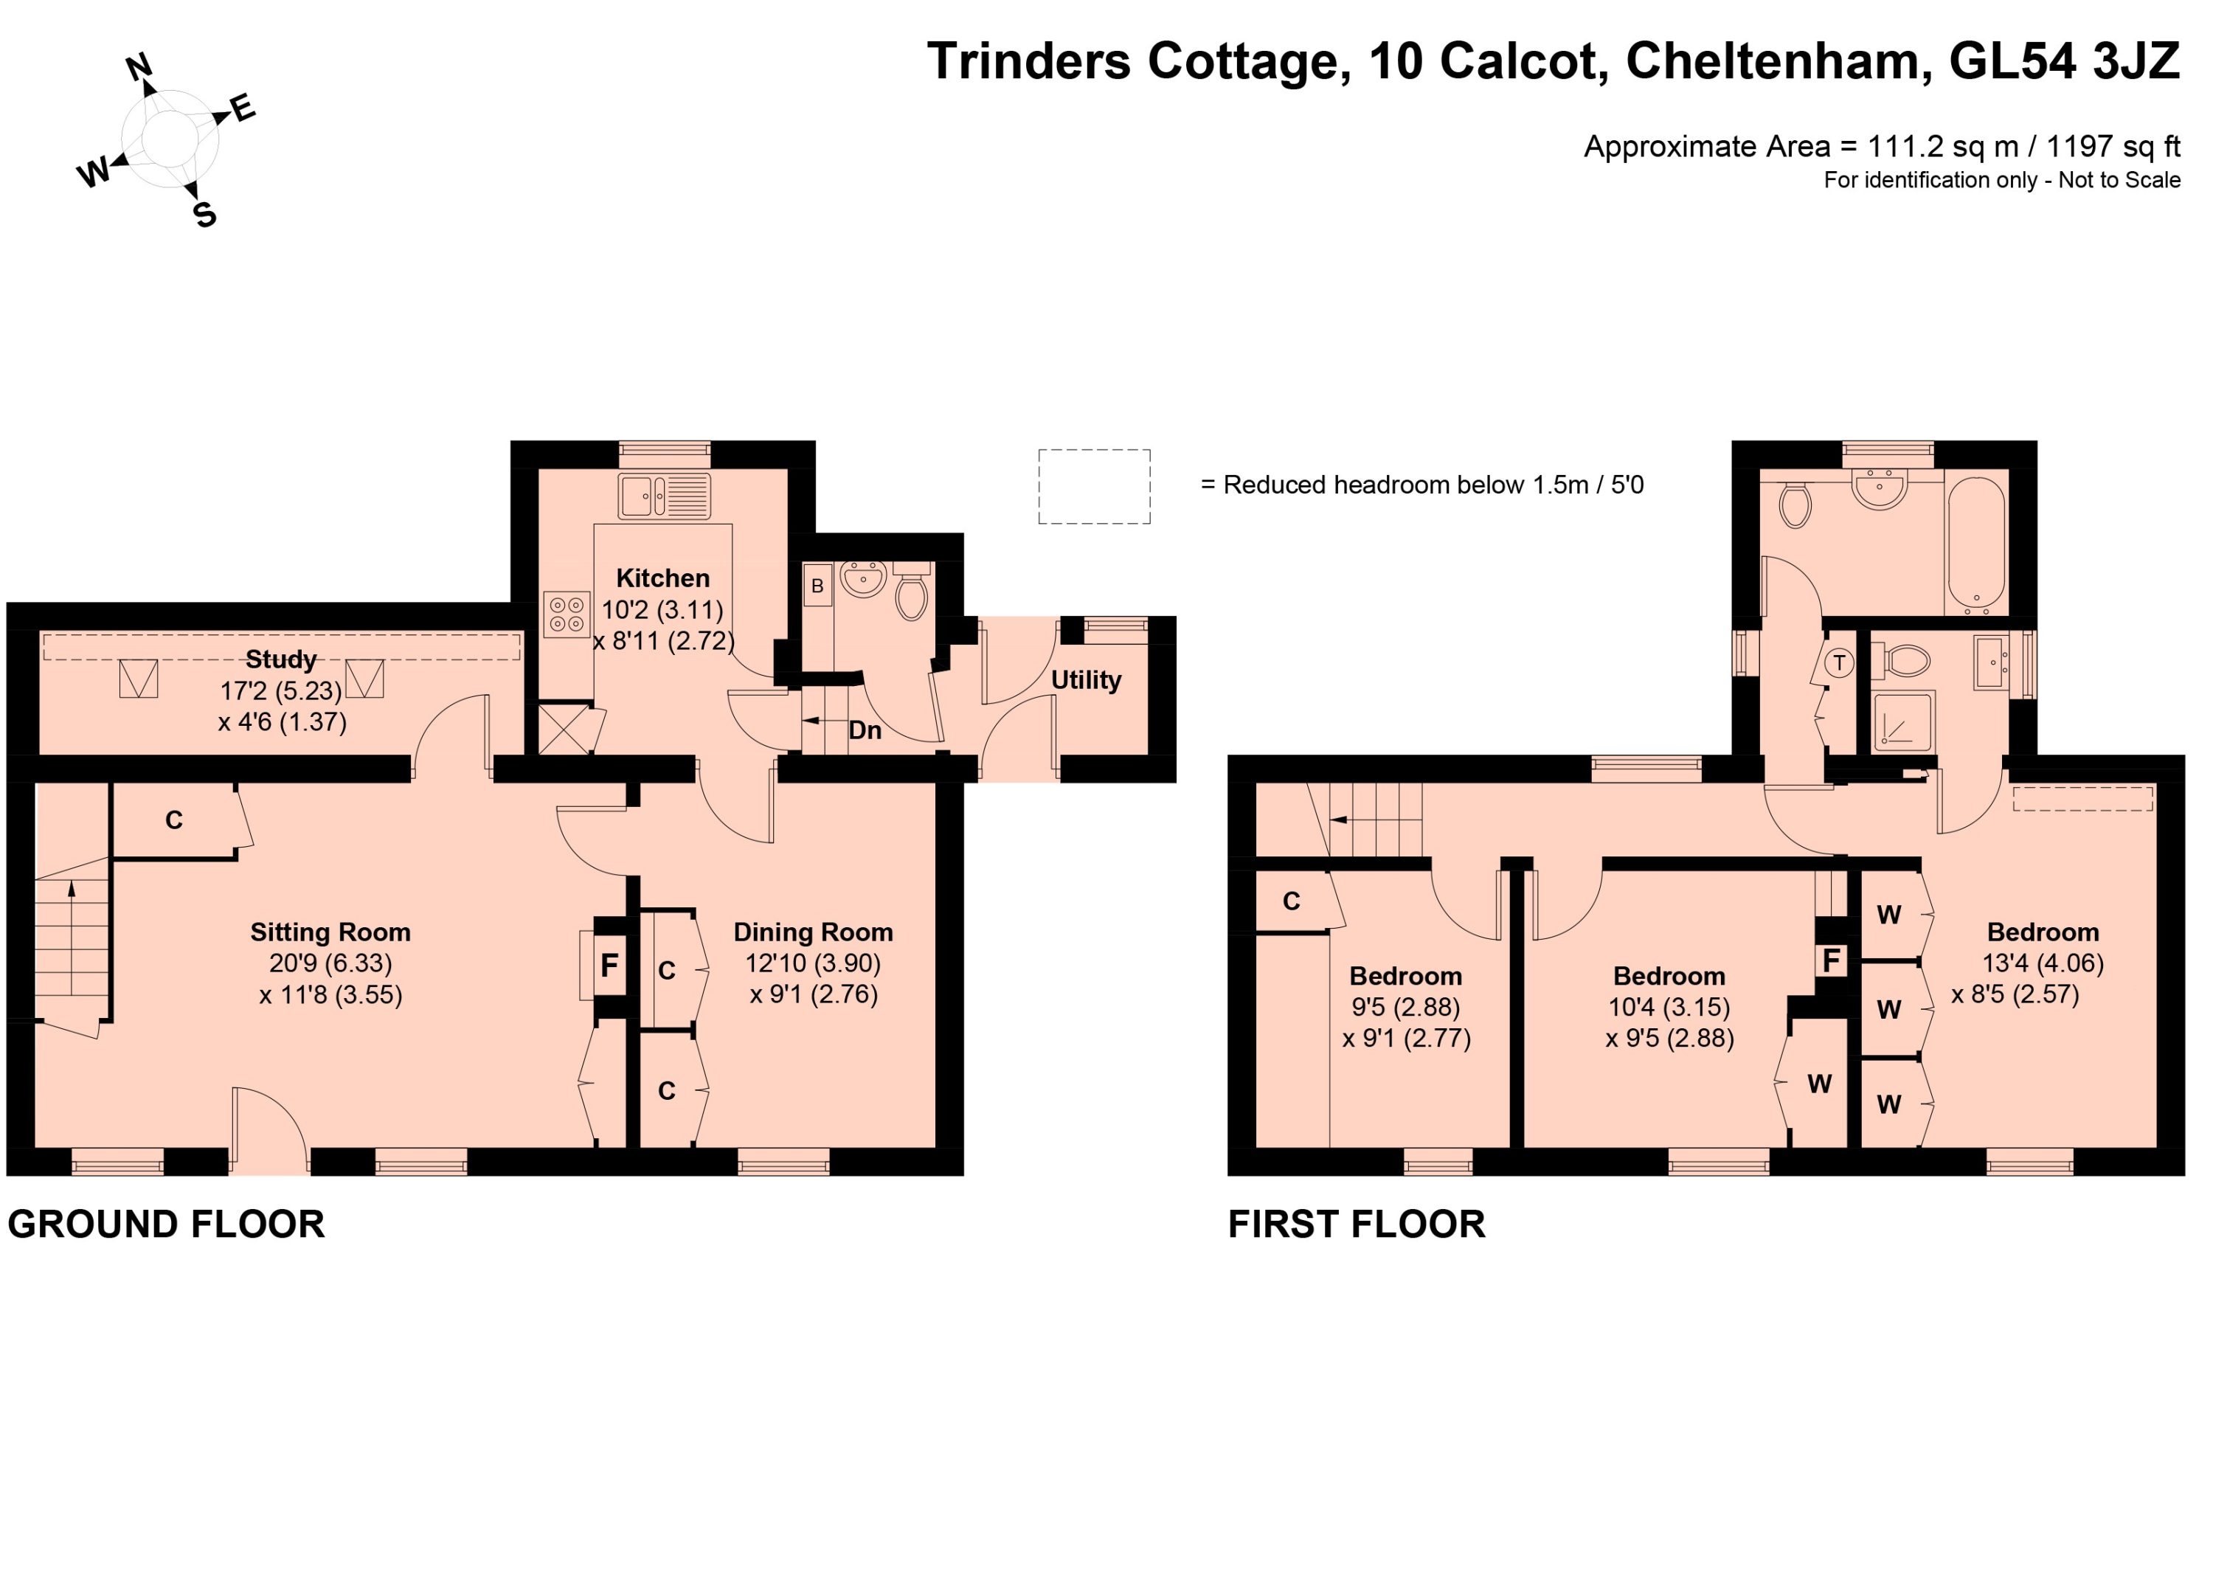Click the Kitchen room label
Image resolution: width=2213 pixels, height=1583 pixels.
pyautogui.click(x=663, y=578)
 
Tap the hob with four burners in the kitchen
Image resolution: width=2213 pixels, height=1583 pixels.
pyautogui.click(x=567, y=614)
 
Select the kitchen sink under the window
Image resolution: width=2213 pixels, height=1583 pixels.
pyautogui.click(x=664, y=496)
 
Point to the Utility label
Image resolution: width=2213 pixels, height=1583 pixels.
pyautogui.click(x=1086, y=679)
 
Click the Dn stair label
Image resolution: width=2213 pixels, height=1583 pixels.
pyautogui.click(x=865, y=730)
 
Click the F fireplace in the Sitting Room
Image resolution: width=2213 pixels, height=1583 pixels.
pyautogui.click(x=609, y=965)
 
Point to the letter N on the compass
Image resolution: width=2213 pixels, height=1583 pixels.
pyautogui.click(x=140, y=67)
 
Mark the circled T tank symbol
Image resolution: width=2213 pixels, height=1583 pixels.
pyautogui.click(x=1840, y=664)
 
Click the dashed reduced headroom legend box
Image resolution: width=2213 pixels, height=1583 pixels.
pyautogui.click(x=1094, y=486)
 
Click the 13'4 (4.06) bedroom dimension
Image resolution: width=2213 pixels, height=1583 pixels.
pyautogui.click(x=2043, y=963)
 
